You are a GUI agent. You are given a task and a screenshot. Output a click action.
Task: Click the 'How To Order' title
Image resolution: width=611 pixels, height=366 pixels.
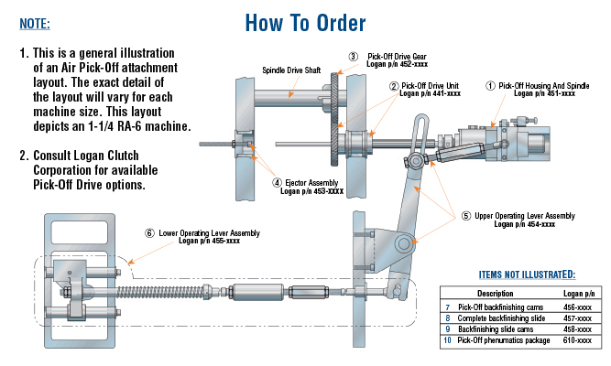point(306,22)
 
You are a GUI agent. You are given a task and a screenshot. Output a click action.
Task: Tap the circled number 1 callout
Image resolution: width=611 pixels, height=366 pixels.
point(490,85)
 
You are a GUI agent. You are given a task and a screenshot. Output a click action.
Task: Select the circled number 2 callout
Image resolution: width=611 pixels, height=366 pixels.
point(394,86)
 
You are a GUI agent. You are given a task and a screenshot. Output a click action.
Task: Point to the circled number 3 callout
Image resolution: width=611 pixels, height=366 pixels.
point(353,57)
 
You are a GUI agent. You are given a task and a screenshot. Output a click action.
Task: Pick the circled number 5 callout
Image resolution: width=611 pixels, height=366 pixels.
point(466,216)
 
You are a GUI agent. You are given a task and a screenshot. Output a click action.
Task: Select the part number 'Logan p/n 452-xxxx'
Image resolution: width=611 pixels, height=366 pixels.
point(398,65)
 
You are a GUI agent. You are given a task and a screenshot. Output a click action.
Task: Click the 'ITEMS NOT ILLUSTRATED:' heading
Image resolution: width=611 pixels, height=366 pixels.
point(527,274)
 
